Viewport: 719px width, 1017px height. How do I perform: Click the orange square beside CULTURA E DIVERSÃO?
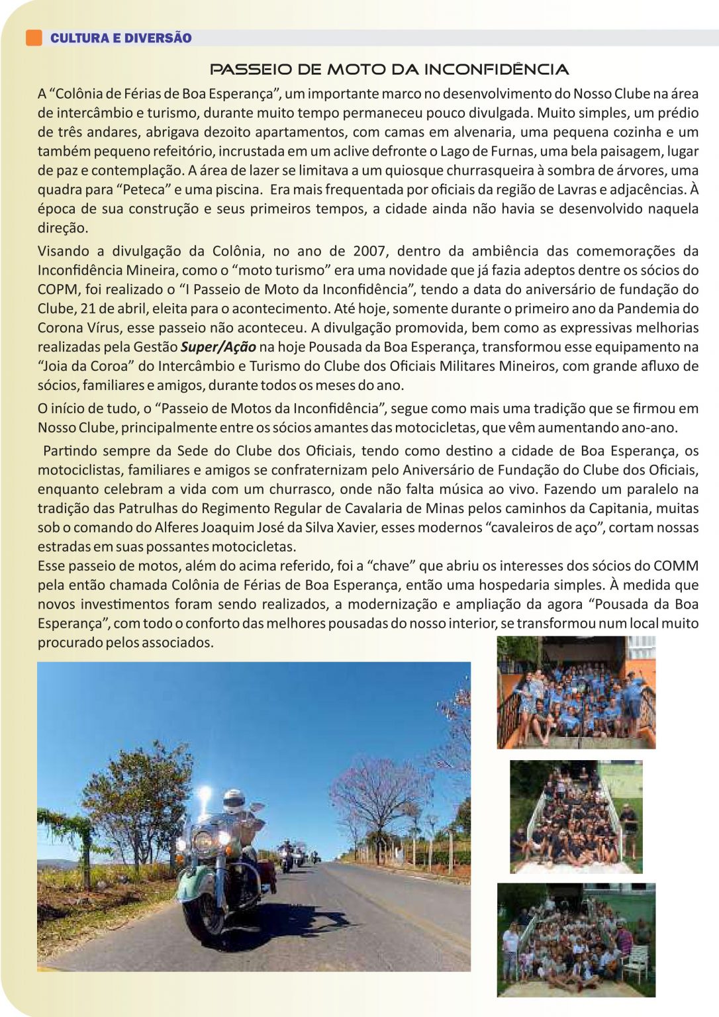33,38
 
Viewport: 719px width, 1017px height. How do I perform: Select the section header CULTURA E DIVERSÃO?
121,38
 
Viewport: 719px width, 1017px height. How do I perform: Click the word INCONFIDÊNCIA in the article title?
496,70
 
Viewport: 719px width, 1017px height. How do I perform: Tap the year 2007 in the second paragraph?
369,251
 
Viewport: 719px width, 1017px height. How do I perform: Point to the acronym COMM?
675,566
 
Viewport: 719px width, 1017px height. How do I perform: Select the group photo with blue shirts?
576,693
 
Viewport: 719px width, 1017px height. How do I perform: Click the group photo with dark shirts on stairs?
576,816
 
